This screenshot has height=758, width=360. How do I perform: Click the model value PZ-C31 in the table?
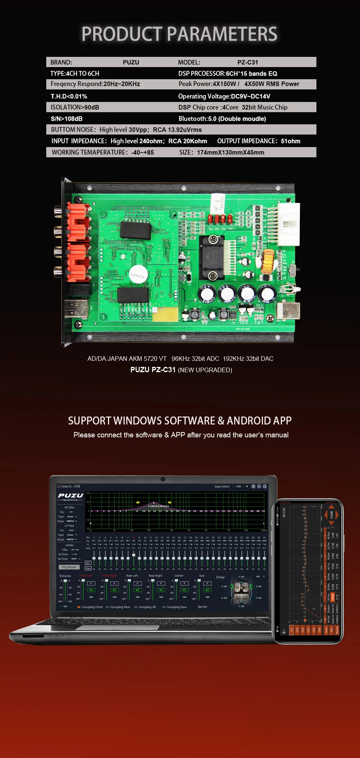[x=247, y=63]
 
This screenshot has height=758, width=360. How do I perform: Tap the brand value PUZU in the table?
[x=131, y=63]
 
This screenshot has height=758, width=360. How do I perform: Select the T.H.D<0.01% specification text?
[x=69, y=96]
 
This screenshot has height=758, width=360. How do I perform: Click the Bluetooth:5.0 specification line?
[x=222, y=119]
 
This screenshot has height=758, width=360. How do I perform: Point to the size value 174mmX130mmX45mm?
[x=230, y=152]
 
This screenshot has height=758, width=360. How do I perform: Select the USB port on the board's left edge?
[x=76, y=307]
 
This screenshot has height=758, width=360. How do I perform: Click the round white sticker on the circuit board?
[x=138, y=275]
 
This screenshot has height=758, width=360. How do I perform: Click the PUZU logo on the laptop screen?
[x=70, y=496]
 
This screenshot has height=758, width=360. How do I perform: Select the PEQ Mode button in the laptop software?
[x=69, y=567]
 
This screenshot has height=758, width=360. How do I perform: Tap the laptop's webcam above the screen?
[x=163, y=479]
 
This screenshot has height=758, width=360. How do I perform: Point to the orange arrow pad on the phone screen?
[x=331, y=515]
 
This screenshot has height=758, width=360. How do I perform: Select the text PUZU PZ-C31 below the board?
[x=153, y=370]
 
